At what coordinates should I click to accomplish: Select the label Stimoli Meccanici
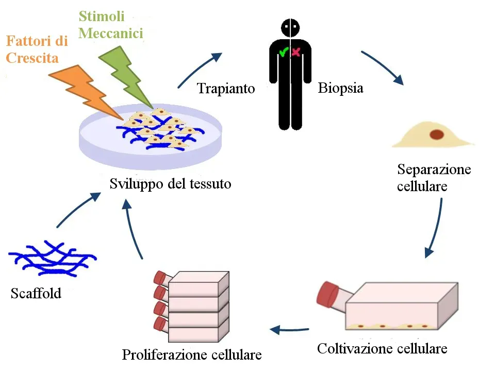pyautogui.click(x=110, y=25)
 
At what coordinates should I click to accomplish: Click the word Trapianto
pyautogui.click(x=226, y=89)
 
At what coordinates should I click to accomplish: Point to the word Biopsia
pyautogui.click(x=340, y=88)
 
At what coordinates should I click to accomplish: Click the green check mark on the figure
pyautogui.click(x=283, y=52)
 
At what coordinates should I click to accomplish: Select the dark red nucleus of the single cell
pyautogui.click(x=437, y=135)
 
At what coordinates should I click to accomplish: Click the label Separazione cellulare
pyautogui.click(x=434, y=177)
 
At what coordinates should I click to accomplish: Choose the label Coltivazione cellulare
pyautogui.click(x=382, y=348)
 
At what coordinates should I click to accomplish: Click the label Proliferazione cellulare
pyautogui.click(x=192, y=355)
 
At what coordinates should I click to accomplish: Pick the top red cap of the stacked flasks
pyautogui.click(x=160, y=278)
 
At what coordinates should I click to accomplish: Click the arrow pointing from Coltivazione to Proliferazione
pyautogui.click(x=289, y=329)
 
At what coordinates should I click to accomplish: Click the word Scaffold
pyautogui.click(x=36, y=294)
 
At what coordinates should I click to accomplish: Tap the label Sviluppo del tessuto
pyautogui.click(x=170, y=183)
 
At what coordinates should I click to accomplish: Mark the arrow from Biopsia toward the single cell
pyautogui.click(x=383, y=67)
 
